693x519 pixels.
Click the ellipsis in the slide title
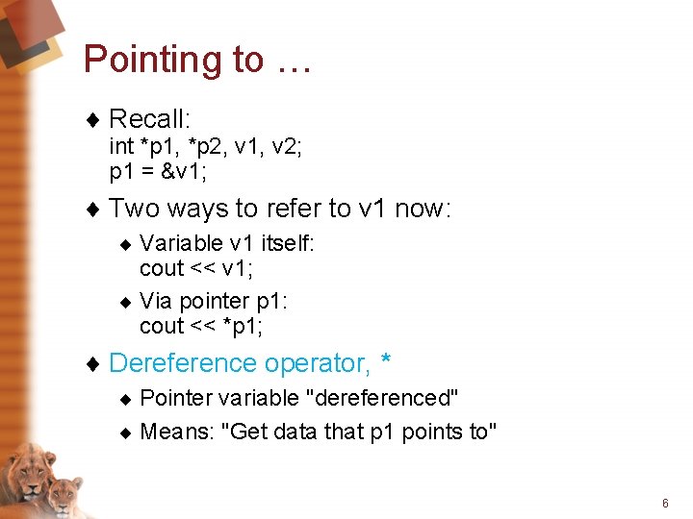[x=291, y=62]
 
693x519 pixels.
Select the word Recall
[x=149, y=119]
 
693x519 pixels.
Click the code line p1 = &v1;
[x=159, y=171]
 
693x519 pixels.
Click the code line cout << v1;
[x=196, y=267]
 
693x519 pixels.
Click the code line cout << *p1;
[x=201, y=326]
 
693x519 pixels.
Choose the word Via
[x=157, y=302]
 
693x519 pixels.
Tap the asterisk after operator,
[x=385, y=360]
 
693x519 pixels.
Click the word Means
[x=178, y=432]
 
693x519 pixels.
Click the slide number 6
[x=664, y=504]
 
